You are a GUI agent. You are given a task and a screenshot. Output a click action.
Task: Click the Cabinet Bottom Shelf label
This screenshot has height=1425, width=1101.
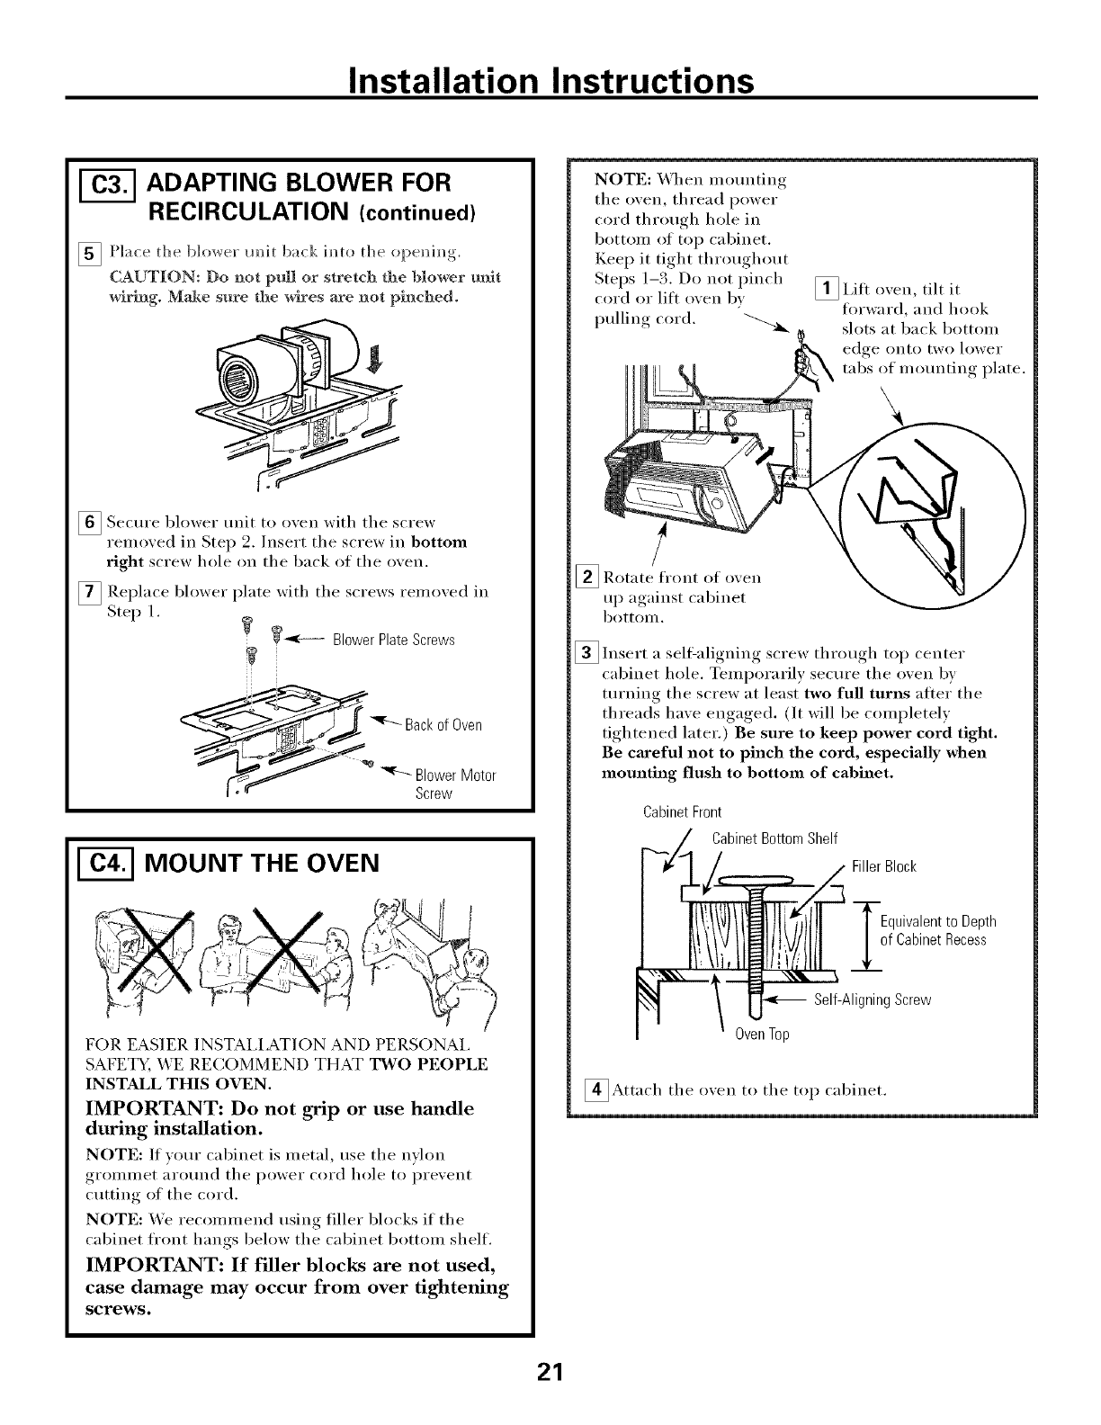[x=774, y=839]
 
